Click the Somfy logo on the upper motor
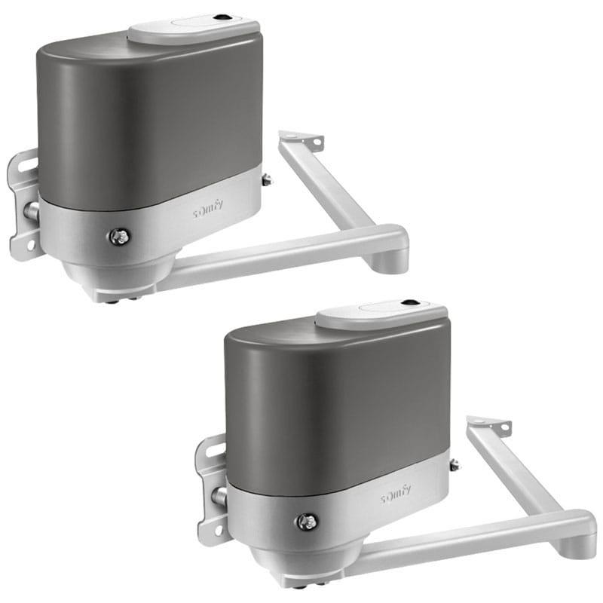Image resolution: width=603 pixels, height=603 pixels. (208, 210)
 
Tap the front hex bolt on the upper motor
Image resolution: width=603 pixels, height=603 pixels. (119, 237)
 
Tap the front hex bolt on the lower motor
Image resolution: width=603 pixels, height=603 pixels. (308, 522)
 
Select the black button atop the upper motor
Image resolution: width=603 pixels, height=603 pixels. (221, 17)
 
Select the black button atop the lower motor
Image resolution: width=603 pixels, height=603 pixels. (409, 302)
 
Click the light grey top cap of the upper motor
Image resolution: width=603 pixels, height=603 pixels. (194, 28)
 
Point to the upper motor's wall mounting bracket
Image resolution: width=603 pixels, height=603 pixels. (23, 204)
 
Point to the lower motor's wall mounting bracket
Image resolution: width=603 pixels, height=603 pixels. (211, 488)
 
